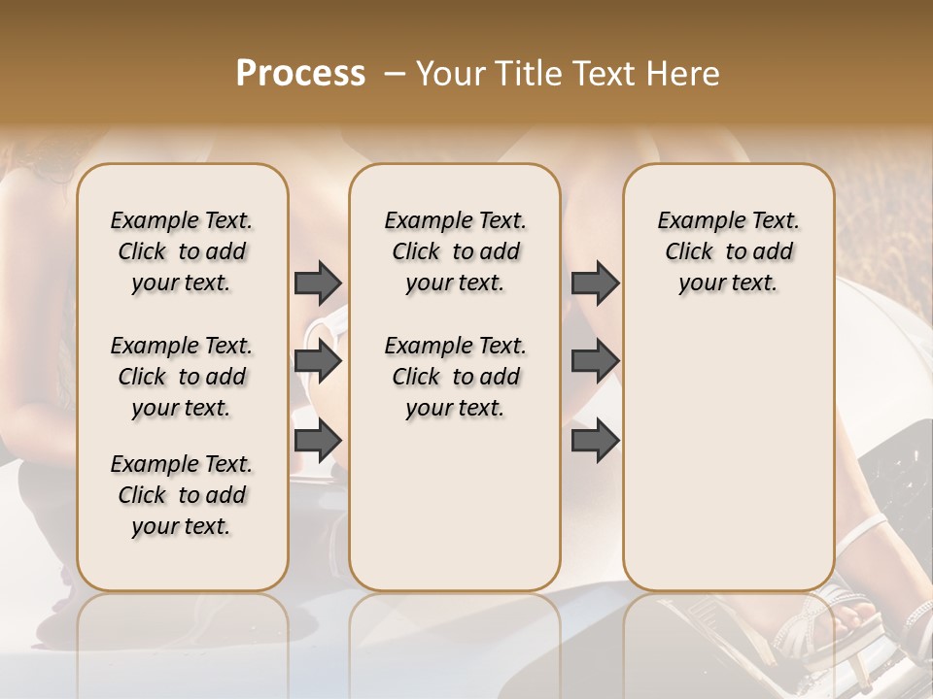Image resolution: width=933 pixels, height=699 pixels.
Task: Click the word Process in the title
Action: click(300, 74)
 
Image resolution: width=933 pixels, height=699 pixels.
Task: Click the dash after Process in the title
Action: click(394, 75)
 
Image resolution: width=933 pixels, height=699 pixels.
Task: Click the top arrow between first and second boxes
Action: click(318, 283)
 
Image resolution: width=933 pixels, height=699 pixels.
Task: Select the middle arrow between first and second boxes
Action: click(318, 362)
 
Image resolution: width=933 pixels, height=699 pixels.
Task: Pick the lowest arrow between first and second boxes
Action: click(318, 441)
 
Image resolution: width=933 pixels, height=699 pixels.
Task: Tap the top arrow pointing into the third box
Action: click(595, 283)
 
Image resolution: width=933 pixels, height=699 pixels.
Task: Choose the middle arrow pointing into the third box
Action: click(595, 362)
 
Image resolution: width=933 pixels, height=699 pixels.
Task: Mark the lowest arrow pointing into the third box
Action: click(595, 441)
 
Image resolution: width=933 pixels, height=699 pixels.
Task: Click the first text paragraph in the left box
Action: click(182, 251)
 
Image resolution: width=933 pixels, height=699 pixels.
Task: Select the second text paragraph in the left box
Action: click(182, 377)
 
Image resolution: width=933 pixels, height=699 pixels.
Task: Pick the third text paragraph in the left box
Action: click(182, 495)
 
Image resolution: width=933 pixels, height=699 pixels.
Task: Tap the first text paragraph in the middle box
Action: click(455, 251)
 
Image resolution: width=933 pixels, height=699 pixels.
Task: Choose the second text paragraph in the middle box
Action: click(455, 377)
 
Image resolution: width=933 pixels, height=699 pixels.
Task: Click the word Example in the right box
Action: click(693, 220)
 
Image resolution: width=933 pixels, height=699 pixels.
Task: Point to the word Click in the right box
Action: click(689, 251)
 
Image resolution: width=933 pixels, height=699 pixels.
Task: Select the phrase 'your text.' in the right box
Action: click(728, 283)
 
